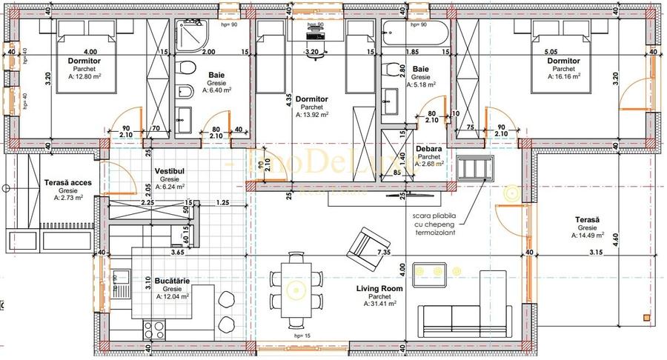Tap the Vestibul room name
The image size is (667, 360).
pos(169,171)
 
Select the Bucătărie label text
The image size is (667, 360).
pos(169,281)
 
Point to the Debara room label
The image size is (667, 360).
pos(429,149)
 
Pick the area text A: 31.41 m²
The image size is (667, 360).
pos(379,303)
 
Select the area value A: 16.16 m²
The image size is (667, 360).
pos(563,76)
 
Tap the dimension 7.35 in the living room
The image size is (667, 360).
pos(383,253)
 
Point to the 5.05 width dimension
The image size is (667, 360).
pos(551,52)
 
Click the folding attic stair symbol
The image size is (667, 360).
pos(474,168)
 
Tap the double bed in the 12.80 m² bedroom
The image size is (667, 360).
pos(84,56)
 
